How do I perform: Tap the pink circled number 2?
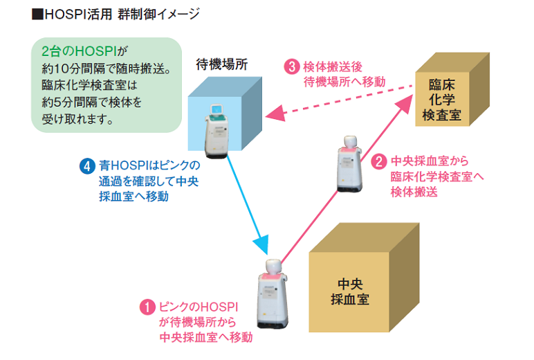(x=378, y=161)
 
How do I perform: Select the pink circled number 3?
(x=292, y=66)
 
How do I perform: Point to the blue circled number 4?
(x=86, y=167)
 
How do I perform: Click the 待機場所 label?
(x=222, y=65)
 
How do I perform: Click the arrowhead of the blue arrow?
(x=261, y=244)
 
